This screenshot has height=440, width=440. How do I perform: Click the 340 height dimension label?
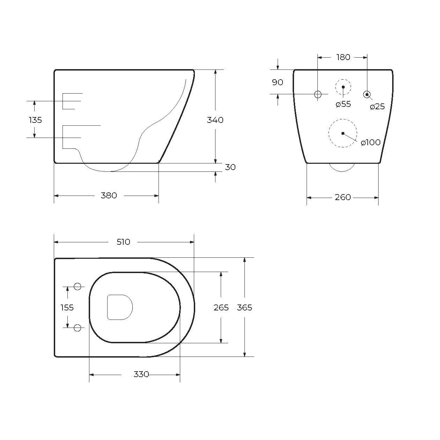tap(215, 120)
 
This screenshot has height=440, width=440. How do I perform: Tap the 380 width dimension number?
tap(109, 196)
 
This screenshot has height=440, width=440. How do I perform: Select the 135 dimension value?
tap(35, 120)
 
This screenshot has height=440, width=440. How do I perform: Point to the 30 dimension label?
tap(230, 167)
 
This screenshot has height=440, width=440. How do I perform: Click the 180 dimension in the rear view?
tap(343, 57)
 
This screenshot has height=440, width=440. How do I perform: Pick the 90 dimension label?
tap(278, 82)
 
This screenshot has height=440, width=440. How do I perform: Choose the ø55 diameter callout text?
tap(343, 104)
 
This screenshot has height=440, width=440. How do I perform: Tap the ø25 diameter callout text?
tap(377, 107)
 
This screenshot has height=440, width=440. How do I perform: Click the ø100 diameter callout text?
tap(371, 142)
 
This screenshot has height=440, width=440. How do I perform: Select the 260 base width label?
tap(343, 197)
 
